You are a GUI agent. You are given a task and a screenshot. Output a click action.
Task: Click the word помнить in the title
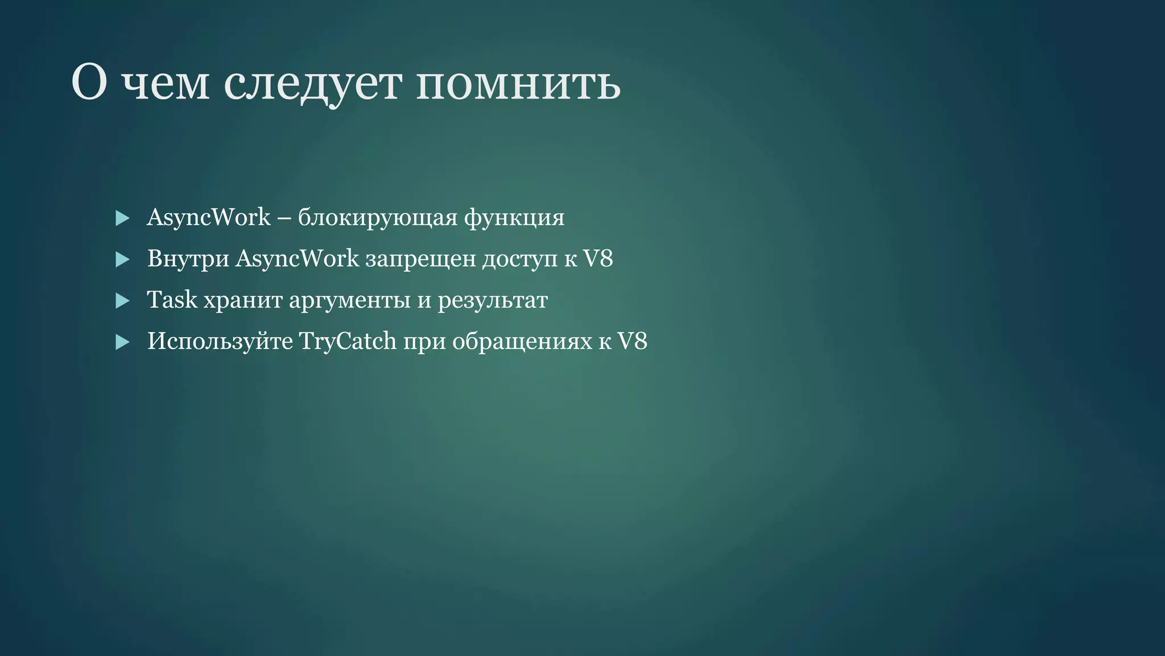click(x=518, y=84)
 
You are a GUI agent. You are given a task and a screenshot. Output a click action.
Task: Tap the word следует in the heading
click(x=312, y=84)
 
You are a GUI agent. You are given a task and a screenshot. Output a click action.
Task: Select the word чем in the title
click(x=166, y=84)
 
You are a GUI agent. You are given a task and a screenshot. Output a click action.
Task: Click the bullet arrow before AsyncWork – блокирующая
click(x=122, y=218)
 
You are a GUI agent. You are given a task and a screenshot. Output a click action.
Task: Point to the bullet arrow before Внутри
click(x=122, y=260)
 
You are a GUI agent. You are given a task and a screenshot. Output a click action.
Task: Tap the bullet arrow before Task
click(x=122, y=301)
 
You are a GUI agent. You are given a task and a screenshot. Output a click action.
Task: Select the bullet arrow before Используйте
click(x=122, y=342)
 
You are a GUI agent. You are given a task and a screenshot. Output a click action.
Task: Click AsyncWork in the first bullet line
click(x=208, y=218)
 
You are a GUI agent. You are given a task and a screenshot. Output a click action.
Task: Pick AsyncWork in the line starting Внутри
click(x=297, y=259)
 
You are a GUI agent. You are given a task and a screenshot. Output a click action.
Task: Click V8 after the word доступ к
click(x=598, y=259)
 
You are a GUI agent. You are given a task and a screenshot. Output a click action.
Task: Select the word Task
click(x=172, y=300)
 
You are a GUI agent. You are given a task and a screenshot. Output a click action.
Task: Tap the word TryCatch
click(x=348, y=342)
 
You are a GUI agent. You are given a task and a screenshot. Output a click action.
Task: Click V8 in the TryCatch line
click(x=632, y=342)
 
